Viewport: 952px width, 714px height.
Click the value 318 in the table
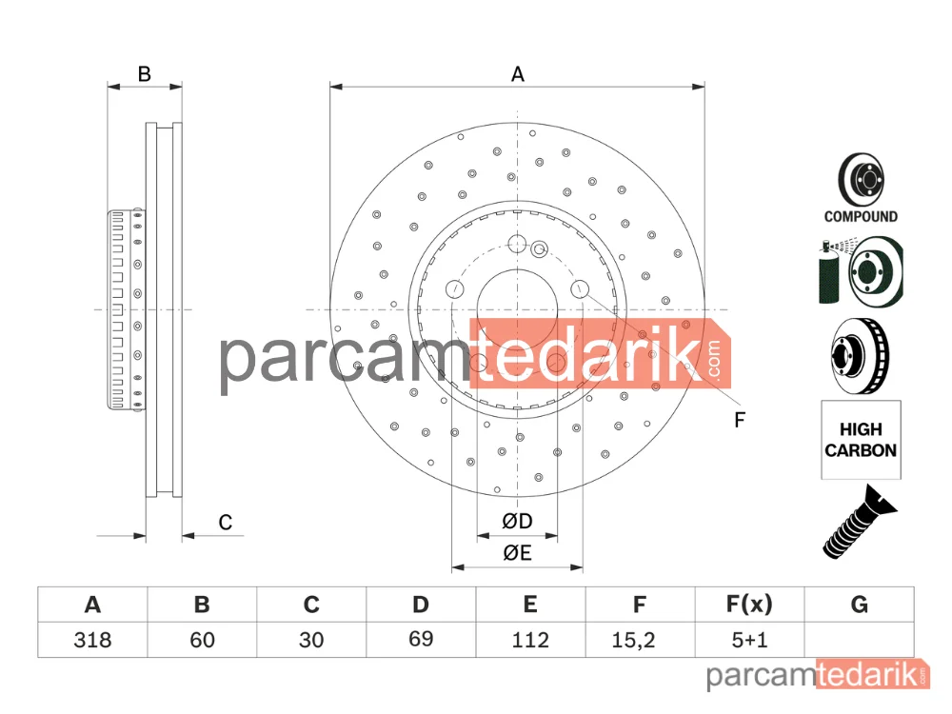coord(92,640)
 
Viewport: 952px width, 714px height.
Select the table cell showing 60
coord(202,640)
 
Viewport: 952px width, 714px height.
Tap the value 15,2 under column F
coord(633,640)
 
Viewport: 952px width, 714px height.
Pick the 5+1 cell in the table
coord(750,640)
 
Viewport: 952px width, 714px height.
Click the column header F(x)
coord(750,605)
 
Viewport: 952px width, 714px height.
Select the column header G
coord(859,605)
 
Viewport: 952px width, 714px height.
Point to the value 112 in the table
coord(530,640)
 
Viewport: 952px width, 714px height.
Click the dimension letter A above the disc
coord(517,74)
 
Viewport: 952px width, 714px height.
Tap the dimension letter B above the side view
coord(144,74)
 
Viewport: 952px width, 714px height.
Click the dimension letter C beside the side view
coord(226,522)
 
